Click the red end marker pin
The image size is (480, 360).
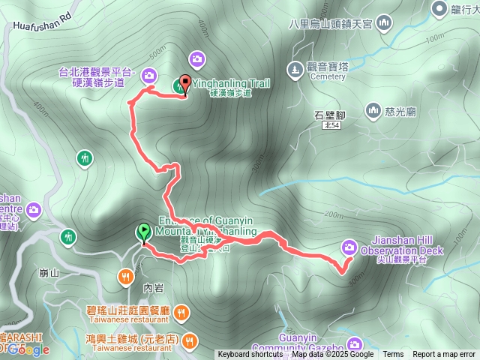point(184,85)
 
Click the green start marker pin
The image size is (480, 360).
point(143,232)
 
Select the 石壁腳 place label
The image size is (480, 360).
point(329,115)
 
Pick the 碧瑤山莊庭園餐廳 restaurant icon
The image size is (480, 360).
point(181,311)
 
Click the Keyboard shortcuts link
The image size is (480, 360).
point(250,355)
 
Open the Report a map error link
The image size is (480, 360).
point(444,355)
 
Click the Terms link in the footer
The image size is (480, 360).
point(393,355)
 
